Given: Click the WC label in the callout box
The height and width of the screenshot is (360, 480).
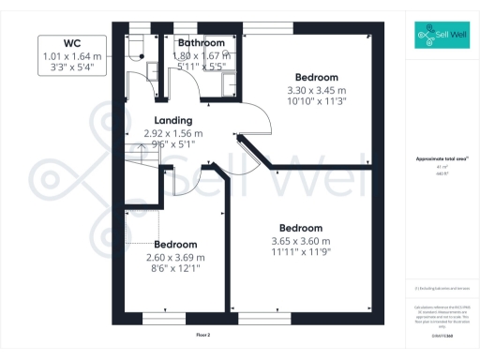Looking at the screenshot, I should [70, 43].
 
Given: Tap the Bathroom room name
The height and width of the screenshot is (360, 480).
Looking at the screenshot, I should [202, 43].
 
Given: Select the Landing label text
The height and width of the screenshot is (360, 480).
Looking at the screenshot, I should [173, 121].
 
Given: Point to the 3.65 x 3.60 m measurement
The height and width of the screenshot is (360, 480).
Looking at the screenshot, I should [301, 242].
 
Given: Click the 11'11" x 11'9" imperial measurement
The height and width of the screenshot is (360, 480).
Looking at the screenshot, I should [301, 253].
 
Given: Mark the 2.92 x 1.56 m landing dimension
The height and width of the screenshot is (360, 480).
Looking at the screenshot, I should [173, 134].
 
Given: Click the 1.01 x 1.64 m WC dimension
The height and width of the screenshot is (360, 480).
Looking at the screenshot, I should [70, 56].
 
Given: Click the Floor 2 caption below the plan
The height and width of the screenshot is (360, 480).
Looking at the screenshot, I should [203, 335].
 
